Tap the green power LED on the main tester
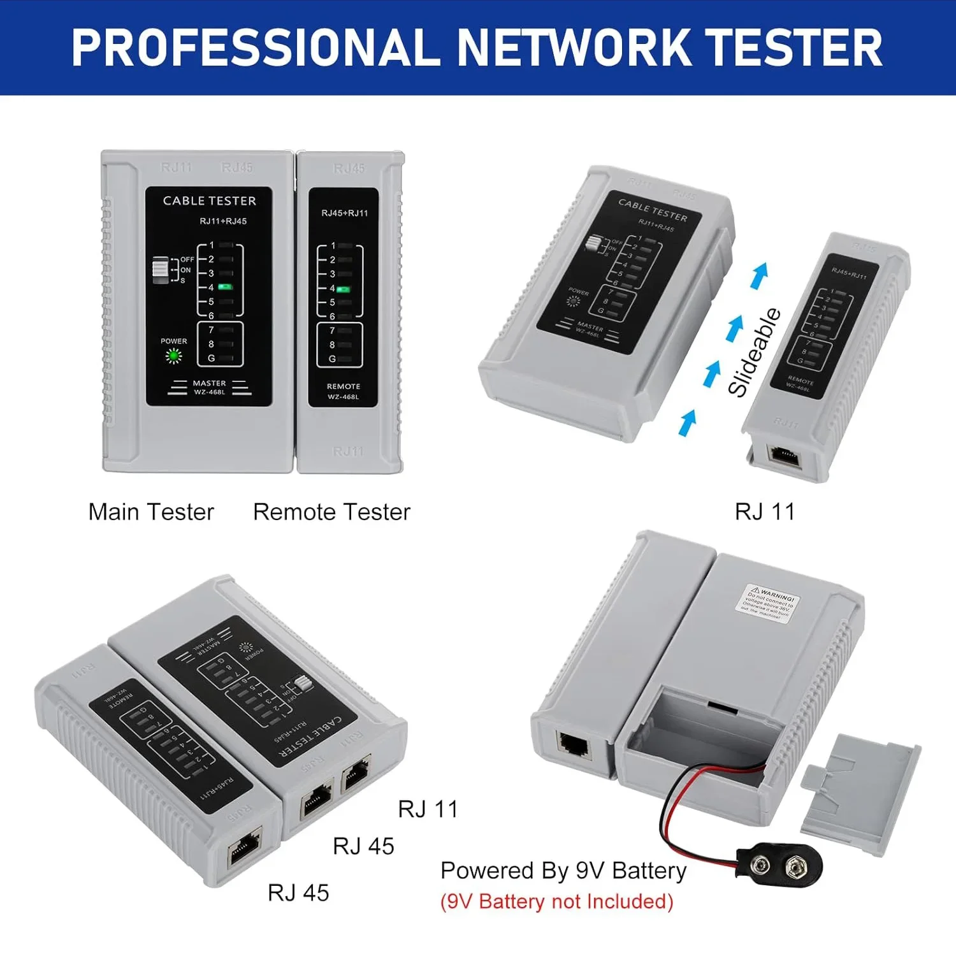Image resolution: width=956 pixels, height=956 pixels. (x=173, y=356)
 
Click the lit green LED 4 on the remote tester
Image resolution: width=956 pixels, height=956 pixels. (x=344, y=289)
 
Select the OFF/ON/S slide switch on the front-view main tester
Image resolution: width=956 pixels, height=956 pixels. (x=161, y=270)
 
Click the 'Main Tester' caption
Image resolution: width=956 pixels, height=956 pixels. (x=151, y=512)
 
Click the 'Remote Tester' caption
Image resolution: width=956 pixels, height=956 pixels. (x=331, y=512)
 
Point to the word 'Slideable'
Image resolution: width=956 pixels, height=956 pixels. (x=755, y=352)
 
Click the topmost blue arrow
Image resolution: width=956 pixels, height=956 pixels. (x=759, y=276)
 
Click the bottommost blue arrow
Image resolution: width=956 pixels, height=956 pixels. (x=687, y=423)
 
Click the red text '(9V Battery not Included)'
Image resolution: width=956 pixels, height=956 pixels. (x=556, y=902)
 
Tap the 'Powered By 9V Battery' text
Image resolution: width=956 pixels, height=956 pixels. (x=563, y=871)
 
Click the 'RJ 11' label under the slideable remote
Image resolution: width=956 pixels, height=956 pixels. (x=765, y=512)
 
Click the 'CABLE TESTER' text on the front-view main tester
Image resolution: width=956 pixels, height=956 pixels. (x=209, y=201)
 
